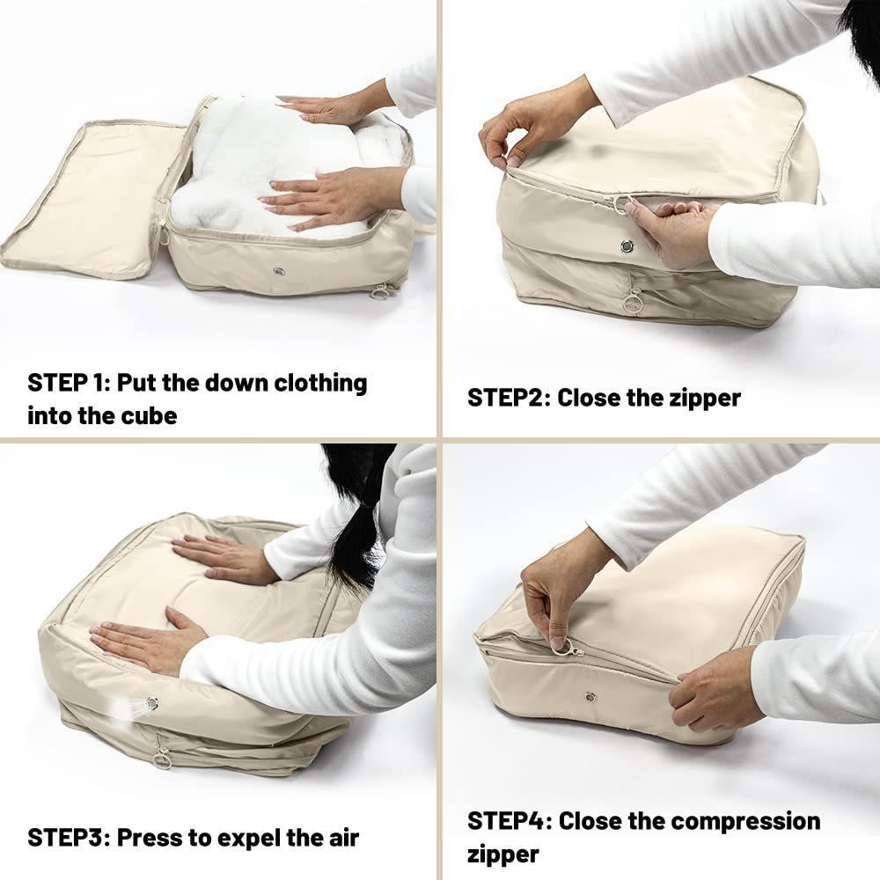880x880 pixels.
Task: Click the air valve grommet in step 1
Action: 278,272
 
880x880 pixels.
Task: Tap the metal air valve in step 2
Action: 627,246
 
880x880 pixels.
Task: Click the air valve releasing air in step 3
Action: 151,702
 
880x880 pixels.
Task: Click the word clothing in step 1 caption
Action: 320,384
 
